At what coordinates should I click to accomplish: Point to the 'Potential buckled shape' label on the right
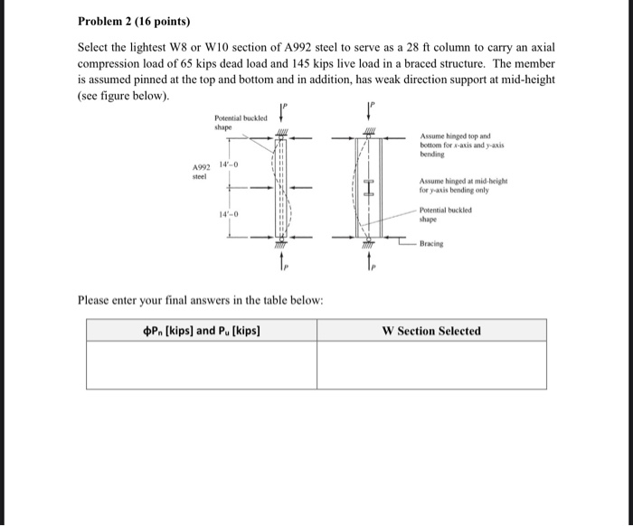pos(444,212)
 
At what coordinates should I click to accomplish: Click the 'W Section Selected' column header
pos(431,330)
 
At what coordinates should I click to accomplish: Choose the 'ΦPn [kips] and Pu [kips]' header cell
pos(201,330)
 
